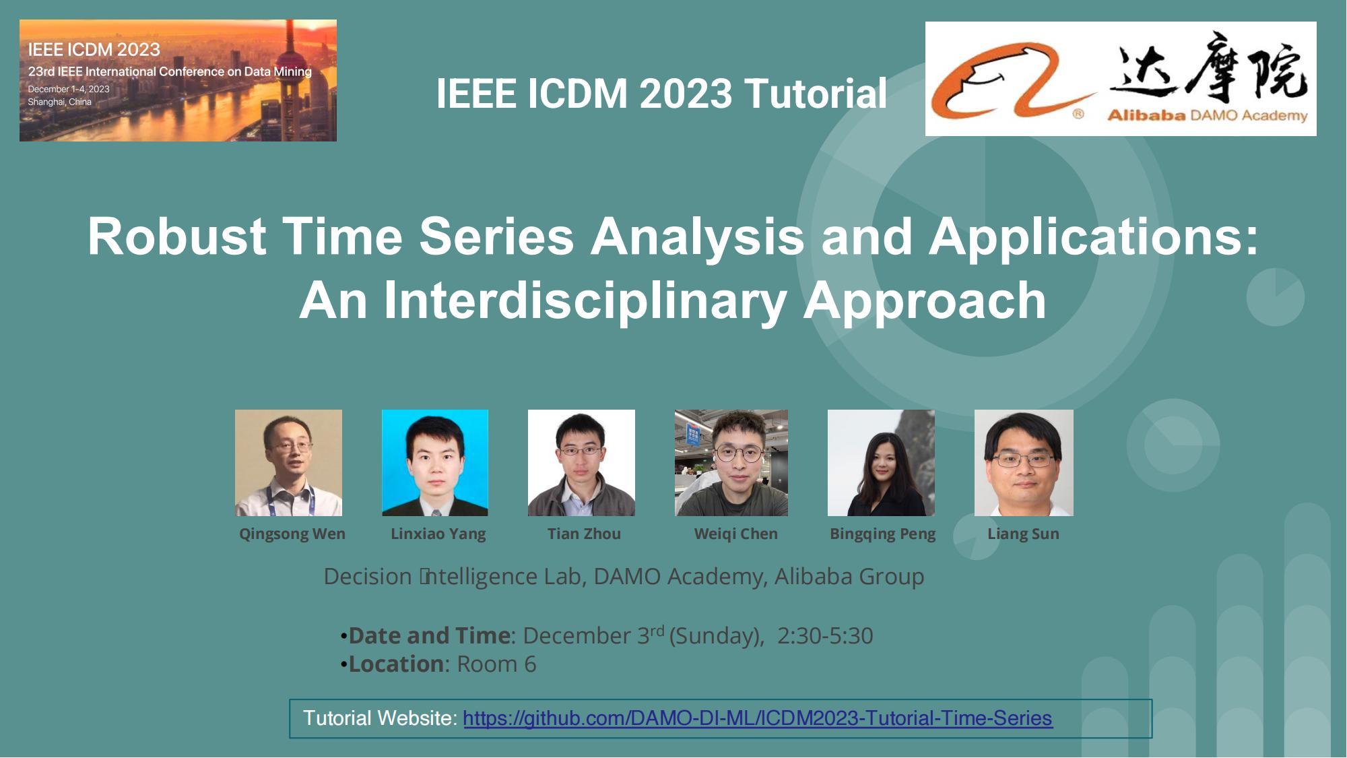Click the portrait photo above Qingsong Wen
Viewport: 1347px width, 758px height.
click(x=288, y=462)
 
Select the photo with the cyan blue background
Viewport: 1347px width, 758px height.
click(x=435, y=462)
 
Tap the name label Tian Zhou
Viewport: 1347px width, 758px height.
click(x=584, y=534)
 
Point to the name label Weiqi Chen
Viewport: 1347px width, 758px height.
click(x=735, y=534)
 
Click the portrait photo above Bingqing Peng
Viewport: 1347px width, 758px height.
click(x=881, y=462)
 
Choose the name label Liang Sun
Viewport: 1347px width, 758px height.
click(x=1023, y=534)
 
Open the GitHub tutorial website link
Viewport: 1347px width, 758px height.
click(x=757, y=718)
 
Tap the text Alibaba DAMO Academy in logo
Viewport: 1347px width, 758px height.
click(x=1207, y=116)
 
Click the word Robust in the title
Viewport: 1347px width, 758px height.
click(x=177, y=236)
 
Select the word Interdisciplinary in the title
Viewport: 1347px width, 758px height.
click(x=585, y=301)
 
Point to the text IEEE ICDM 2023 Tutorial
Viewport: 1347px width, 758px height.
click(x=661, y=93)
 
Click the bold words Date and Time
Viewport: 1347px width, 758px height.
click(x=429, y=635)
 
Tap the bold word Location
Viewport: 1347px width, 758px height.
click(x=396, y=664)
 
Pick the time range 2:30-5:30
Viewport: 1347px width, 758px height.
click(x=824, y=635)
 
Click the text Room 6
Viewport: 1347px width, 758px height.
click(x=496, y=664)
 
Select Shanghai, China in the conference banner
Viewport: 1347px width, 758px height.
click(x=59, y=102)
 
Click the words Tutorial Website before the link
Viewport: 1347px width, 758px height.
click(x=380, y=718)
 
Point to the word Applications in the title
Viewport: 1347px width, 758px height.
click(x=1092, y=236)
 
